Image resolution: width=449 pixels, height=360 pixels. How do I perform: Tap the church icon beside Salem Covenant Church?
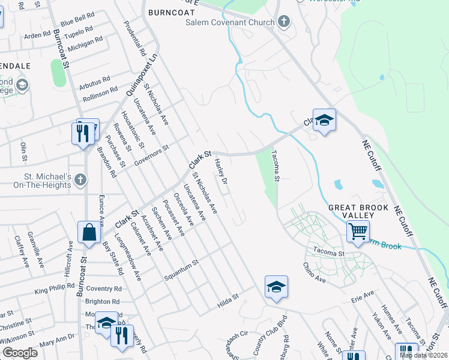tap(284, 22)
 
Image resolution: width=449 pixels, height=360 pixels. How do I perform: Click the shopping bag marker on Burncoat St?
tap(89, 233)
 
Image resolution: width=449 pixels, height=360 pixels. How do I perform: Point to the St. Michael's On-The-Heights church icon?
tap(80, 179)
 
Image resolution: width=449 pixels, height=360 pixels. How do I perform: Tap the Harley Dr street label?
tap(221, 172)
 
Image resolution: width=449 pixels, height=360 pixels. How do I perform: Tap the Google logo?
tap(20, 353)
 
